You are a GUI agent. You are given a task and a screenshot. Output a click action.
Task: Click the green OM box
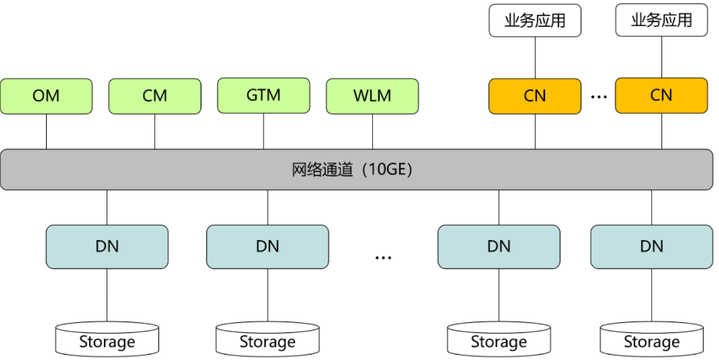point(46,96)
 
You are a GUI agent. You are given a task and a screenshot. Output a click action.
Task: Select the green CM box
point(155,96)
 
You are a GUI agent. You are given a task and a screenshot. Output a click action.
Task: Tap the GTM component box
point(264,95)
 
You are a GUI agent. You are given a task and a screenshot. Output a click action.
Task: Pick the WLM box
point(372,96)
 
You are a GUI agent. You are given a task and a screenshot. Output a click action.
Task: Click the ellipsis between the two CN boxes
point(598,96)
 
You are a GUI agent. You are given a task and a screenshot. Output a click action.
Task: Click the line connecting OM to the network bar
point(46,132)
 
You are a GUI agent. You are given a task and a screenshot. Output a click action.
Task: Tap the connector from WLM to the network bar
point(372,132)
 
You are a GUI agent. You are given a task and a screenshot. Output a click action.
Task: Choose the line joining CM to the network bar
point(155,132)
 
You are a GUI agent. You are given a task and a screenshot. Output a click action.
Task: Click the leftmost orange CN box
point(534,95)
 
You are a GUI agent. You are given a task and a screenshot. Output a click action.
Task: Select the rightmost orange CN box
point(661,95)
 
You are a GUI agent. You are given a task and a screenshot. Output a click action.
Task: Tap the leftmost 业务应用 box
point(534,21)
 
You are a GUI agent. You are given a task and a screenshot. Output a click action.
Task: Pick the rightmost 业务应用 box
point(661,21)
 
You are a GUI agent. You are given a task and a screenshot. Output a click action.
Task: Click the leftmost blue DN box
point(107,247)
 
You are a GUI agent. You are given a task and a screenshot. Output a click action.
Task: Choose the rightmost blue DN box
point(651,247)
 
